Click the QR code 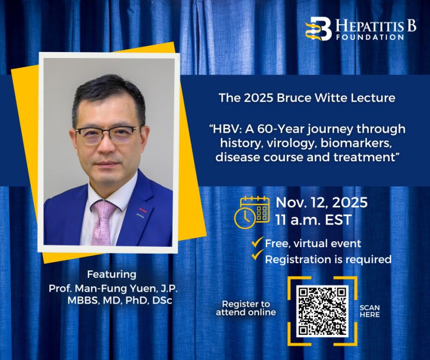322,311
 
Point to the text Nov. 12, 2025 321,203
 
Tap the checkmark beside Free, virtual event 257,243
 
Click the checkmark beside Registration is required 257,257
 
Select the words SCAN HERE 369,311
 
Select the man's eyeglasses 107,133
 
